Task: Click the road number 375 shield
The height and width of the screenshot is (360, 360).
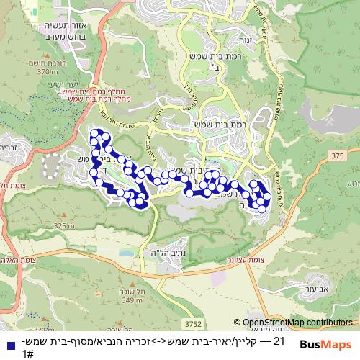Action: click(x=338, y=156)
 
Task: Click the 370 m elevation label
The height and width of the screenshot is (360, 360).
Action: click(x=48, y=72)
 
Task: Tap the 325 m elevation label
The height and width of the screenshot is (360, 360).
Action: click(x=63, y=226)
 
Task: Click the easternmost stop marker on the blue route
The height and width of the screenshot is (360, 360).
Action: click(x=268, y=196)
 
